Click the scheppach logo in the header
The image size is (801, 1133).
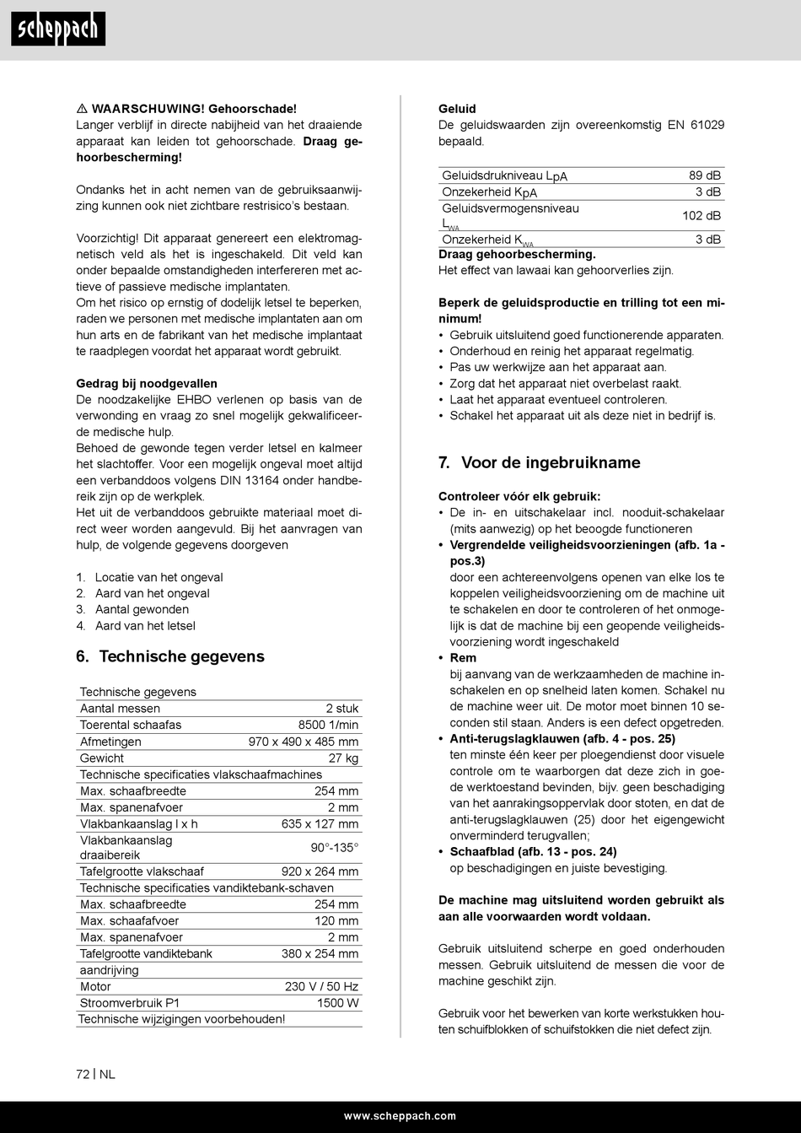tap(58, 30)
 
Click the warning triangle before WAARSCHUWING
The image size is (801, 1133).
tap(82, 109)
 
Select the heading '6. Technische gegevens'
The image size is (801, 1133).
tap(170, 656)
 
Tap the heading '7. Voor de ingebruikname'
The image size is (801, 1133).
tap(539, 462)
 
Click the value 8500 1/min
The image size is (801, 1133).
tap(328, 725)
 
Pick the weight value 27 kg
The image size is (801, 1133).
tap(343, 758)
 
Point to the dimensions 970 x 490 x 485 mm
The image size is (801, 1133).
tap(304, 742)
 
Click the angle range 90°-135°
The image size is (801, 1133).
tap(334, 847)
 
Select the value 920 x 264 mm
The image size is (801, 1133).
tap(320, 871)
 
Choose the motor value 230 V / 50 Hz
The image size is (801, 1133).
tap(321, 986)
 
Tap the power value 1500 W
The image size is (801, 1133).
tap(337, 1003)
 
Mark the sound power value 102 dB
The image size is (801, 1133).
tap(701, 215)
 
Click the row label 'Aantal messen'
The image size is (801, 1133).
tap(120, 709)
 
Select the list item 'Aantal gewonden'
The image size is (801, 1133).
tap(142, 609)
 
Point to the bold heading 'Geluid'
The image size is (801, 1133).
tap(457, 109)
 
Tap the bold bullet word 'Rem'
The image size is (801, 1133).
tap(463, 657)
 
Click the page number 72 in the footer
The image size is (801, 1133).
tap(83, 1074)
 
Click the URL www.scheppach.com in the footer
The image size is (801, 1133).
tap(400, 1116)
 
